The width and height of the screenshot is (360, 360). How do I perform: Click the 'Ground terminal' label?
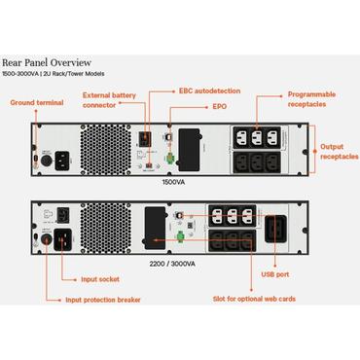pyautogui.click(x=35, y=102)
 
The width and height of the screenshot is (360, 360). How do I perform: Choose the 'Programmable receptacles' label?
pyautogui.click(x=313, y=99)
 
